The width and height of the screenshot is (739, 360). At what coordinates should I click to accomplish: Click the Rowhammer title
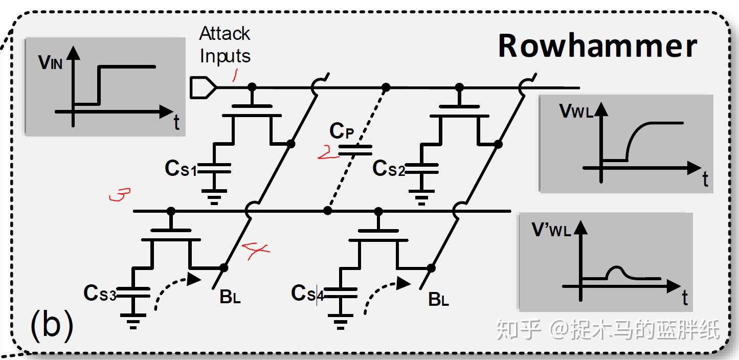(597, 46)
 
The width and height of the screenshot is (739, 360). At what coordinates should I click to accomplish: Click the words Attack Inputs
(225, 45)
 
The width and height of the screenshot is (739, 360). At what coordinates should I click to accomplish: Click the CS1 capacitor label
(181, 169)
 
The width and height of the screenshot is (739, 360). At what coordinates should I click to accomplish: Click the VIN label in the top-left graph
(51, 62)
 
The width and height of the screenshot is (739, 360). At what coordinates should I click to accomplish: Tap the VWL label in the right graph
(577, 112)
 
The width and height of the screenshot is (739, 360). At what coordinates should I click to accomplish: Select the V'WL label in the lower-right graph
(551, 231)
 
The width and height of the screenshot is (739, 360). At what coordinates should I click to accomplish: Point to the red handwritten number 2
(326, 152)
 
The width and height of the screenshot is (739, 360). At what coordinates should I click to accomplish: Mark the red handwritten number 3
(120, 195)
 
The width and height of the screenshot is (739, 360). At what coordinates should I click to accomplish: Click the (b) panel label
(52, 326)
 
